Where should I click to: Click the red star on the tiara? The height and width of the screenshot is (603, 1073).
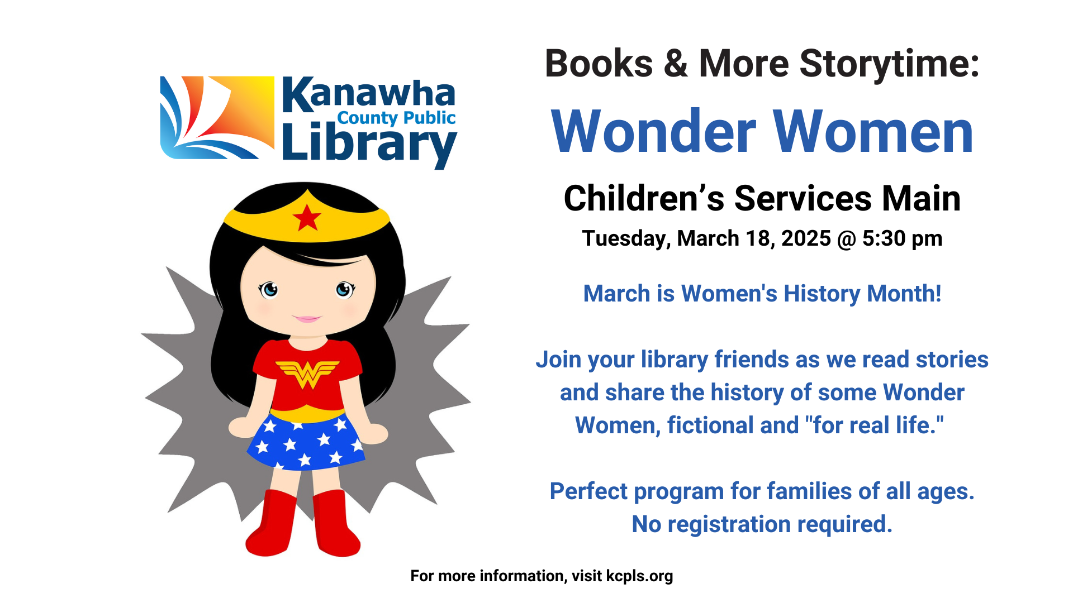tap(306, 217)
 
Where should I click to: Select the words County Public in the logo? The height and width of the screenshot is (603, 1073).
tap(396, 118)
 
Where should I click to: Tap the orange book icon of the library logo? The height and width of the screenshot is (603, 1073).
tap(217, 117)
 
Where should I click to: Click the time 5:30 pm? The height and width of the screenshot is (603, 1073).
tap(902, 238)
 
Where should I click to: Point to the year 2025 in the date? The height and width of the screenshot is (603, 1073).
tap(806, 238)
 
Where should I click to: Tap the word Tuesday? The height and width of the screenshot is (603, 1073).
tap(626, 239)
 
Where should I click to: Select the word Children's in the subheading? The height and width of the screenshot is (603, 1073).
tap(644, 198)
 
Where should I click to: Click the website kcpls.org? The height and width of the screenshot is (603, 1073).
tap(639, 576)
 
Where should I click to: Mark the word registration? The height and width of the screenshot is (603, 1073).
tap(729, 525)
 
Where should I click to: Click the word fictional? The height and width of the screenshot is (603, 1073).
tap(710, 425)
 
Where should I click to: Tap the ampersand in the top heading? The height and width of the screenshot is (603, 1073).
tap(676, 64)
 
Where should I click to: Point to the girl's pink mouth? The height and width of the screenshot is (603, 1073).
tap(307, 319)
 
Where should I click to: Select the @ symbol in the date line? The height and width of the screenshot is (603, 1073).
tap(846, 239)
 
